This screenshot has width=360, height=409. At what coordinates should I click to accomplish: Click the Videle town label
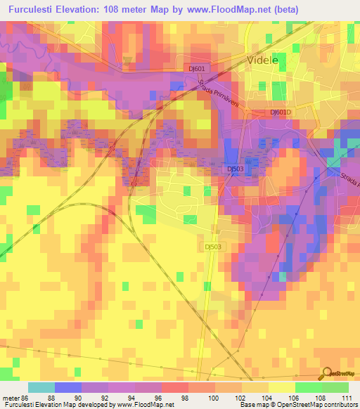[264, 60]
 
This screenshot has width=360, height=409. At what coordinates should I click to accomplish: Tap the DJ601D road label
[280, 112]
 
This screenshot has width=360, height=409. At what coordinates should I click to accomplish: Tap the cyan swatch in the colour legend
[41, 387]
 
